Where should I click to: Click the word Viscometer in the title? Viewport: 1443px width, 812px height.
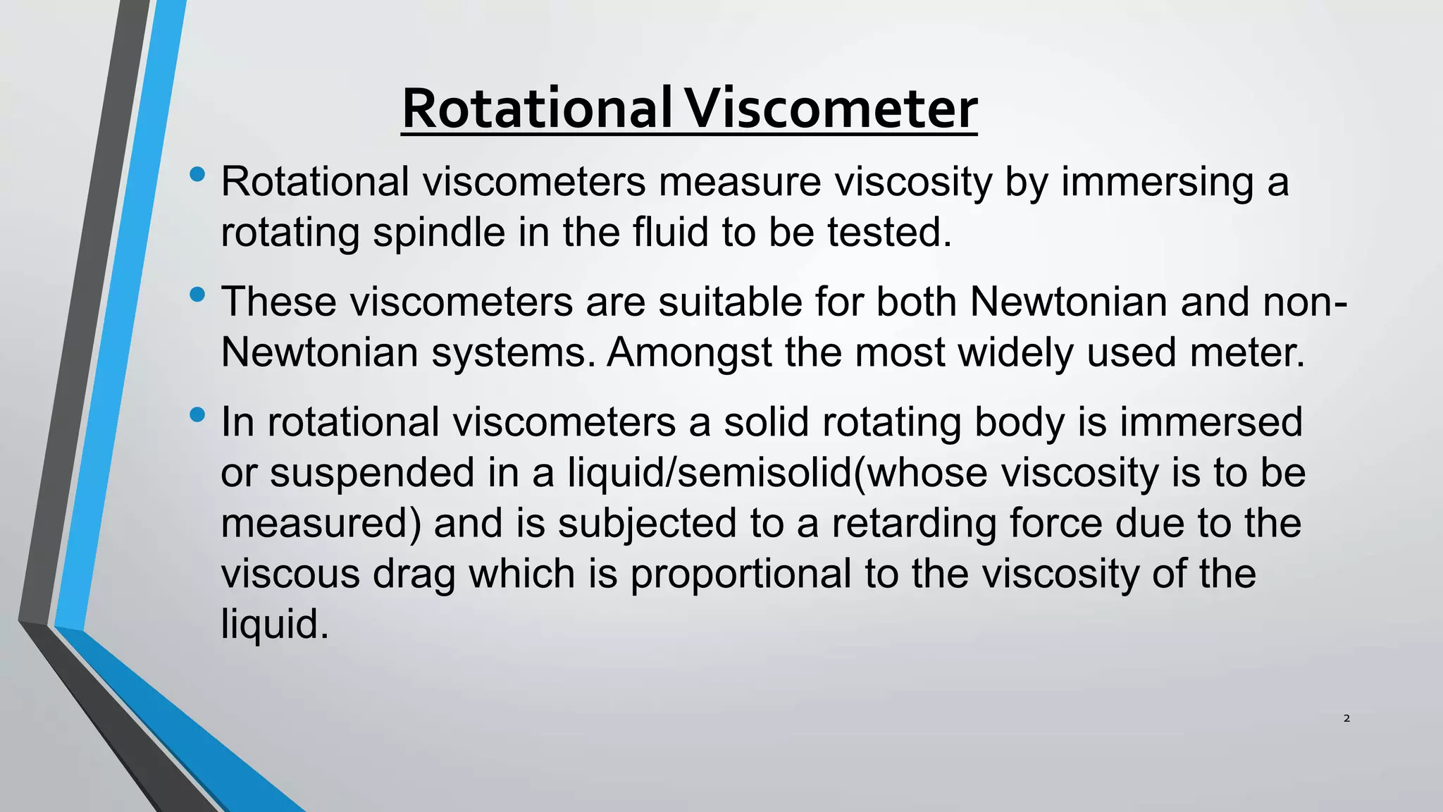(x=831, y=109)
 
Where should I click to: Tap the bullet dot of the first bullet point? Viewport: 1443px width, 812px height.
(x=197, y=173)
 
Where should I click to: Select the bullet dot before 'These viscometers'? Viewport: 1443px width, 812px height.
(x=197, y=295)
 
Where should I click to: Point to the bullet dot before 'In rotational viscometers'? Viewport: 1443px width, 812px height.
(x=197, y=414)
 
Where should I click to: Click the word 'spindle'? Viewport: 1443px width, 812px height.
(x=439, y=233)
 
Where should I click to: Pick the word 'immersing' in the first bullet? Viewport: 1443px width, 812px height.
(x=1157, y=182)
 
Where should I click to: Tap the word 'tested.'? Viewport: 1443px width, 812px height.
(x=889, y=233)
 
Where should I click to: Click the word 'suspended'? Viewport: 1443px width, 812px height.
(x=372, y=473)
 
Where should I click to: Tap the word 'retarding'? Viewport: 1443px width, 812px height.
(x=913, y=524)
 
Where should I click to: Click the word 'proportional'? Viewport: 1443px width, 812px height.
(x=741, y=574)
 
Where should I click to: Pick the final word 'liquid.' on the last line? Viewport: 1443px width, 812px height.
(x=275, y=625)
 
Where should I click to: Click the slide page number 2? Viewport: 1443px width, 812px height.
(x=1346, y=718)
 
